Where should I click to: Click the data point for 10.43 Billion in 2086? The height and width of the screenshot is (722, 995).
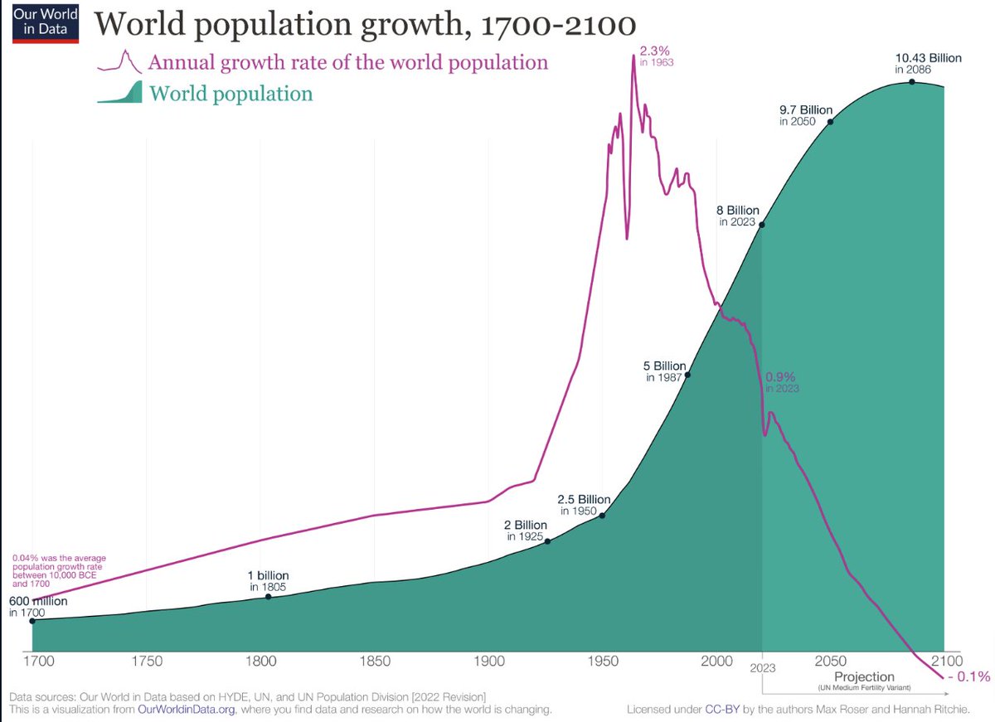click(912, 81)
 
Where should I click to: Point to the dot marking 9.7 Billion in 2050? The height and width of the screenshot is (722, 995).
click(831, 121)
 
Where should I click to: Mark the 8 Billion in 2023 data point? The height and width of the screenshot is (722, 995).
click(762, 225)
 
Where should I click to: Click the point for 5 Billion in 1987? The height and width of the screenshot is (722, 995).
click(687, 375)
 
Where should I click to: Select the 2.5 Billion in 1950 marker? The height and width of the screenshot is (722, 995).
click(602, 516)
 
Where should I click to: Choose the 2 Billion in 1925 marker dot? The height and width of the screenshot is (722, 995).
click(546, 541)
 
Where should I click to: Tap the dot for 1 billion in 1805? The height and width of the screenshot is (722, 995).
click(268, 597)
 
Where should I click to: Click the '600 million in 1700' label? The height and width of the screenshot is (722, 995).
click(37, 607)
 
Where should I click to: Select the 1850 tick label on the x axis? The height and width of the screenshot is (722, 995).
click(374, 661)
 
